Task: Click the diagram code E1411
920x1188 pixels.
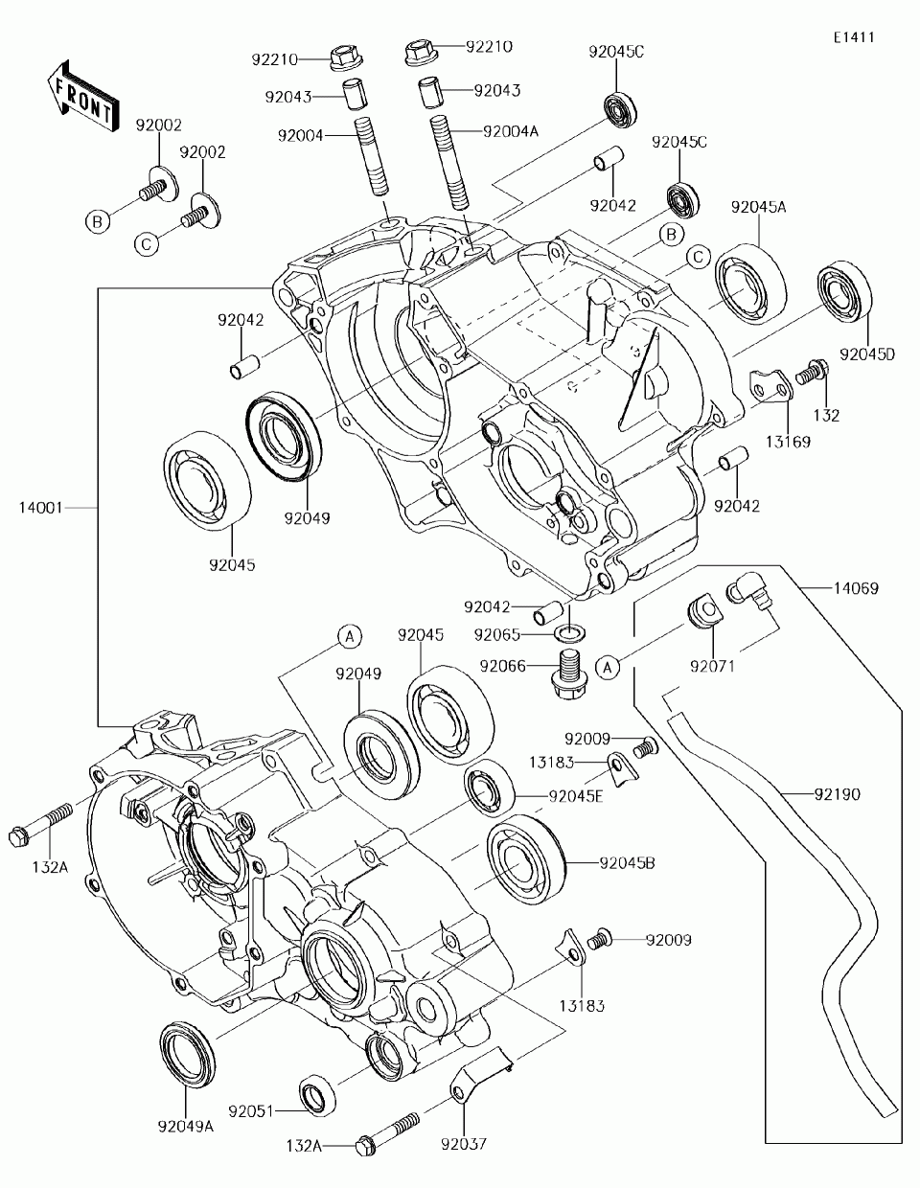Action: click(853, 37)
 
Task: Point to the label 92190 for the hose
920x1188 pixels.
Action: click(838, 794)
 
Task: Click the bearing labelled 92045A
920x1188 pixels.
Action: click(748, 280)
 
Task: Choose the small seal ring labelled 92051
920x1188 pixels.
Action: click(317, 1095)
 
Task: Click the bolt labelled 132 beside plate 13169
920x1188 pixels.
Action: click(813, 371)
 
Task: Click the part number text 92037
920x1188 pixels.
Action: click(465, 1143)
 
